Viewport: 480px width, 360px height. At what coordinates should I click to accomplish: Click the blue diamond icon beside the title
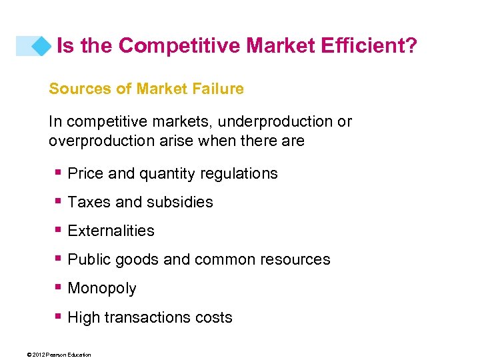43,45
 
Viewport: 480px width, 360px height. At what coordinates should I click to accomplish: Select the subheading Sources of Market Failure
146,88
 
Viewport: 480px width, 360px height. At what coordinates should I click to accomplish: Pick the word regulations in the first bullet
242,173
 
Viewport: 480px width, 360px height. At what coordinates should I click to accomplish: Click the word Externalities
111,231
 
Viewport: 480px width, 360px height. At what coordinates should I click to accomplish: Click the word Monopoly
102,289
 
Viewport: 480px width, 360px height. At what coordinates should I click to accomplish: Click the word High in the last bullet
83,317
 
